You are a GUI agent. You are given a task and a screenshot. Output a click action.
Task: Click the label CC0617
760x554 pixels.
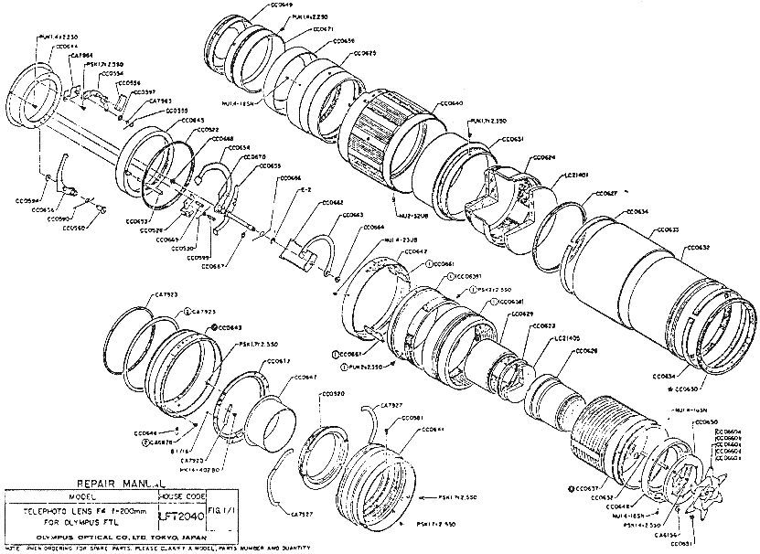[x=278, y=361]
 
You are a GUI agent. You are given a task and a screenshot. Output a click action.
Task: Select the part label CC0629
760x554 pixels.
[x=520, y=314]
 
